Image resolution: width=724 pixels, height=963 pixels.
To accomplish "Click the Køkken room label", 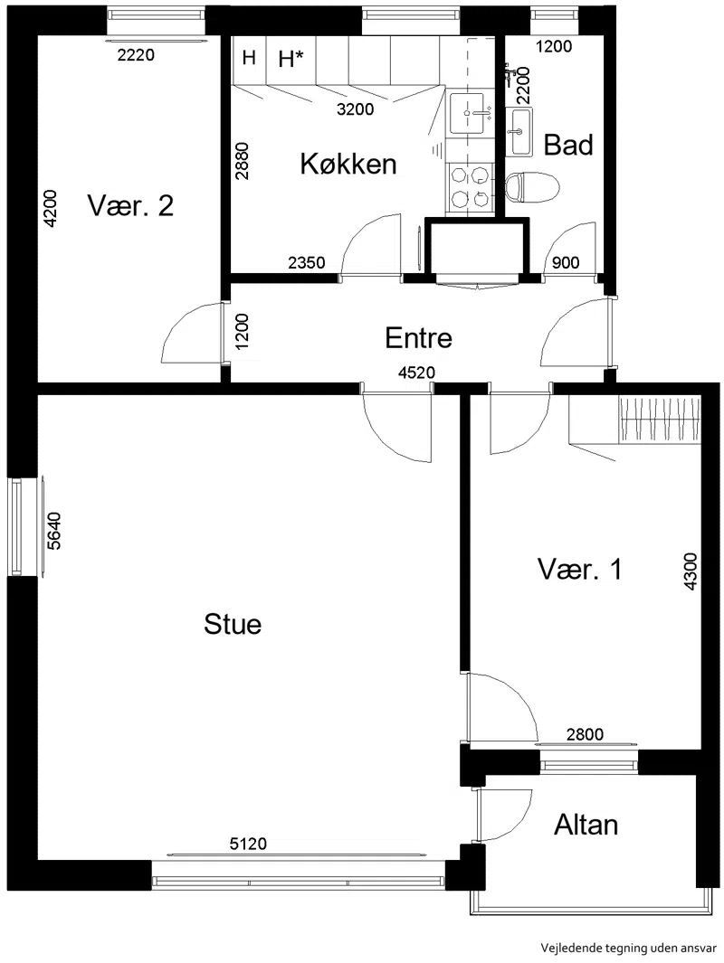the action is click(x=348, y=164).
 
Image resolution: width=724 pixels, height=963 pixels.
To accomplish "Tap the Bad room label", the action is click(x=568, y=145).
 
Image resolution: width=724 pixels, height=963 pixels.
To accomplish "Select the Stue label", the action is click(x=233, y=624).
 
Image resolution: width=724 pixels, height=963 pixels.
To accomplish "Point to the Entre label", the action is click(x=418, y=338).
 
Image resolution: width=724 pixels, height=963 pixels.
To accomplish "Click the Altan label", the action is click(x=586, y=824).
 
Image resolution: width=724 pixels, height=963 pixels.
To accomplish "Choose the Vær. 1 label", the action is click(x=579, y=569).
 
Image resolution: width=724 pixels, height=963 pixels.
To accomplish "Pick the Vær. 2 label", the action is click(x=130, y=205).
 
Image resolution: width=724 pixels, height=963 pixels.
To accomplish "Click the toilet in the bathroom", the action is click(x=532, y=187).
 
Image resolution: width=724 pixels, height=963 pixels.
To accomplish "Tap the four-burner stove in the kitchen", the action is click(x=471, y=188).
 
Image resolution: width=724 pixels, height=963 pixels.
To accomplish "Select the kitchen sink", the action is click(x=471, y=113).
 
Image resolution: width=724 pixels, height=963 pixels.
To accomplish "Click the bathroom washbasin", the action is click(x=520, y=131).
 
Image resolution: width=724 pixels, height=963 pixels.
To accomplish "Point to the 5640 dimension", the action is click(x=54, y=530).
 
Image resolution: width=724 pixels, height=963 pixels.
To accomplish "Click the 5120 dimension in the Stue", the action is click(x=248, y=844).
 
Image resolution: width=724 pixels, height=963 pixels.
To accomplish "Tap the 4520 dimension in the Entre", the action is click(x=416, y=373).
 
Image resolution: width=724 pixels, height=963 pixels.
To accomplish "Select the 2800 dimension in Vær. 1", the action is click(x=585, y=734).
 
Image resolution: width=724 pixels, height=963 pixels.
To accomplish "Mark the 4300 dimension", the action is click(x=691, y=571).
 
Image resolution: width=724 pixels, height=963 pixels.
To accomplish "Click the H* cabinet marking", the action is click(x=291, y=59).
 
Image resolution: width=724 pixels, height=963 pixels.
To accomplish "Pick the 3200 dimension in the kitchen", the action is click(x=356, y=109).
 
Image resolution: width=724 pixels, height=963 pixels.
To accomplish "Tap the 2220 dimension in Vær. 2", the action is click(x=136, y=55).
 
